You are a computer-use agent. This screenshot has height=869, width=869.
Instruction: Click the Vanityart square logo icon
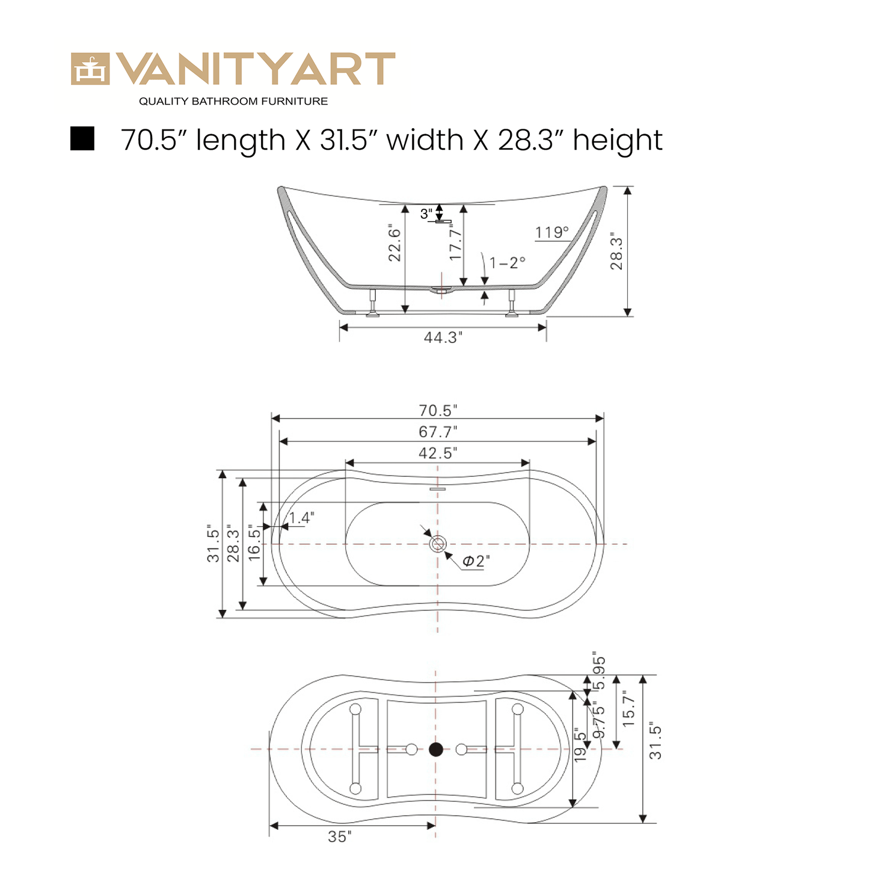click(90, 69)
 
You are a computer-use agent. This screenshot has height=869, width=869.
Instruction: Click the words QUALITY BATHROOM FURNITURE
click(233, 102)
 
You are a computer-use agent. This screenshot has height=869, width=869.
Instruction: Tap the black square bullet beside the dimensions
click(82, 138)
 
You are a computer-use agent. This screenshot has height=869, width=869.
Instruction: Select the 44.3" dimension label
click(443, 337)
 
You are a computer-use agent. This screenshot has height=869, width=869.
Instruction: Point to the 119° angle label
click(552, 233)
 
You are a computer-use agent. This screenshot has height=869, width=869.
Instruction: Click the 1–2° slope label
click(508, 262)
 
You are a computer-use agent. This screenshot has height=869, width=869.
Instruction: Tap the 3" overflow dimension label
click(426, 213)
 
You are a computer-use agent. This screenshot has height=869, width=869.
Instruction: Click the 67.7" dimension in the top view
click(438, 432)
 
